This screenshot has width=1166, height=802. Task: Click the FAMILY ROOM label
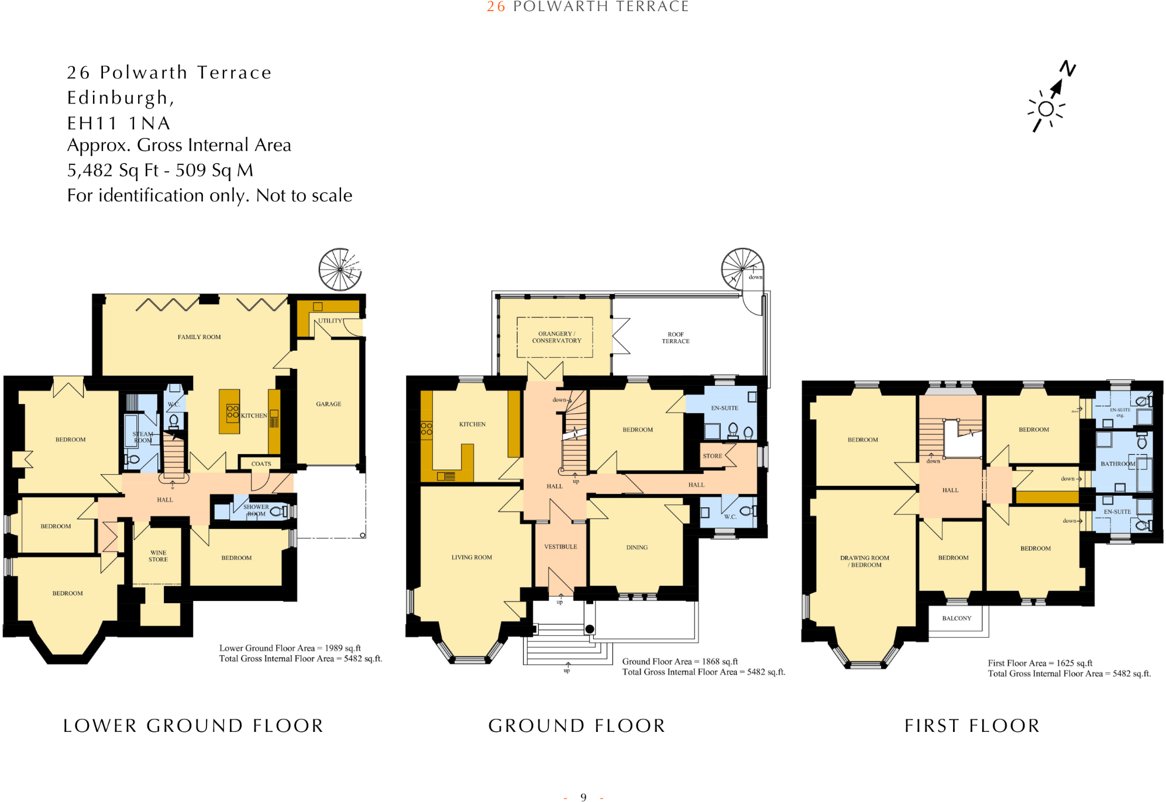199,337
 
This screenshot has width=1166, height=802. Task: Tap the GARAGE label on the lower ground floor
328,404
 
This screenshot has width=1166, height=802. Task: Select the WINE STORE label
158,556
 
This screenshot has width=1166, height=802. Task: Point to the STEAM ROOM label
143,437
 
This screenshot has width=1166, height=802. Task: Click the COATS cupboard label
261,464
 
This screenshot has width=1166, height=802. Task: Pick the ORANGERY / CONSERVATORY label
556,337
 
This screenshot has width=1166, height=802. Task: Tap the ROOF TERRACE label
675,338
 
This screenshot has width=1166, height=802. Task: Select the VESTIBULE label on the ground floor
560,547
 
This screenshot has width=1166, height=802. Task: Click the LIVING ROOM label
472,557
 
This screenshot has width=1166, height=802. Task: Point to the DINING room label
637,547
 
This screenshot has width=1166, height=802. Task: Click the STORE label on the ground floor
712,456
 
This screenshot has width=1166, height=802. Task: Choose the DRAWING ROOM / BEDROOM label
865,561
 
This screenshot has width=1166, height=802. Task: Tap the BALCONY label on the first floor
957,618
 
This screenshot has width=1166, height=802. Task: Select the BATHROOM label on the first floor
1117,464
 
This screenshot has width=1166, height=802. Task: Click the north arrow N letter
1068,68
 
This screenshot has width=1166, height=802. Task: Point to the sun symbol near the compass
1046,109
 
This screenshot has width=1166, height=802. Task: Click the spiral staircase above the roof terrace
742,269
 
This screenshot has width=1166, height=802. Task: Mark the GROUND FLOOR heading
577,725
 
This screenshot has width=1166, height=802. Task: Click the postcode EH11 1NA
119,123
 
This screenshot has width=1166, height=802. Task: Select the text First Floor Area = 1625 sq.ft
1040,663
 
